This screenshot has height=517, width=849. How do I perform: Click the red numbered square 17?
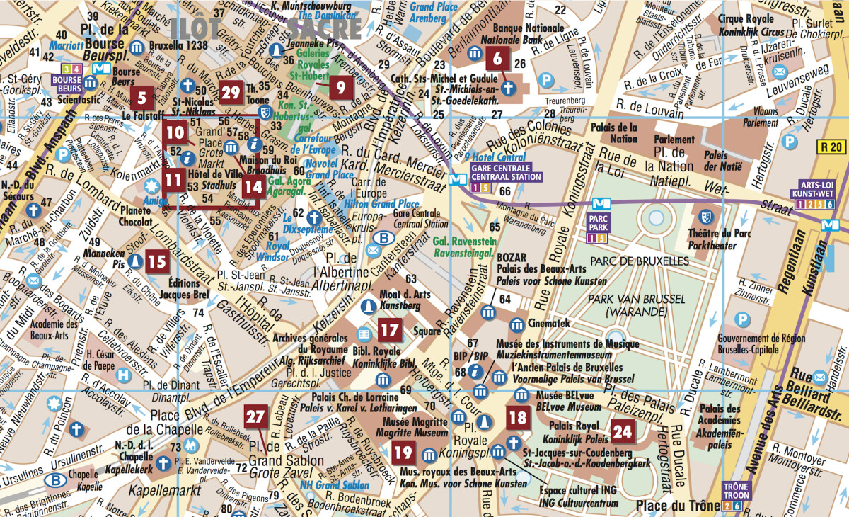pyautogui.click(x=390, y=329)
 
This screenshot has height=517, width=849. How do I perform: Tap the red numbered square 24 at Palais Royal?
pyautogui.click(x=623, y=430)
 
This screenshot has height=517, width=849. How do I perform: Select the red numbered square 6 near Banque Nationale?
pyautogui.click(x=497, y=59)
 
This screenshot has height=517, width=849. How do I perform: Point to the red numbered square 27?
pyautogui.click(x=255, y=417)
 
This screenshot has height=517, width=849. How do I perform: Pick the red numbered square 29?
pyautogui.click(x=231, y=92)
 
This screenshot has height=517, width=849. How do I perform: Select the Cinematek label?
pyautogui.click(x=547, y=322)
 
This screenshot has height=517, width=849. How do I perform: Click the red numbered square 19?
pyautogui.click(x=403, y=452)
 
